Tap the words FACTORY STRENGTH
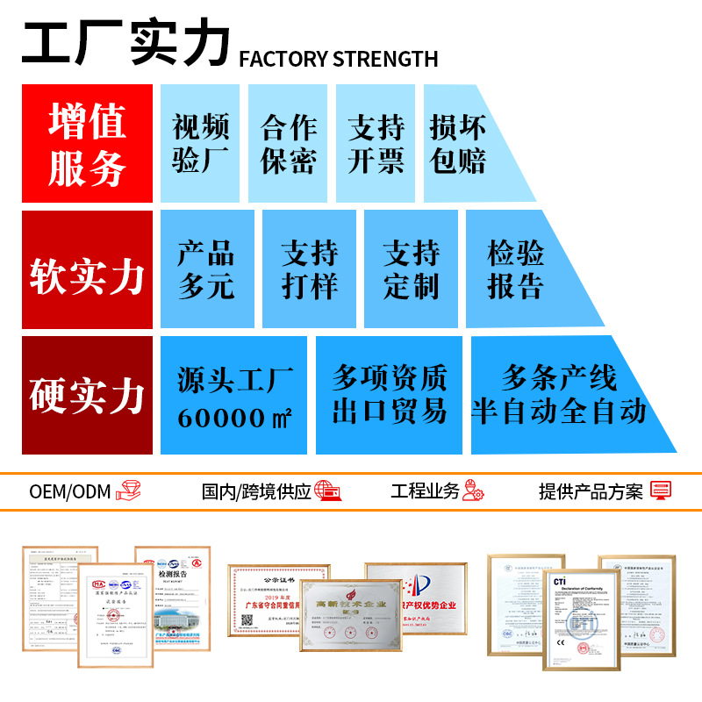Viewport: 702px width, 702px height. pos(338,59)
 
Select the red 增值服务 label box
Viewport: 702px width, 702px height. pos(87,144)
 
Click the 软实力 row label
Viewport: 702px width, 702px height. pos(87,269)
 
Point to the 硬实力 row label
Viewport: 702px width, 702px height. pos(87,395)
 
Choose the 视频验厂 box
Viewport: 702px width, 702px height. pos(200,144)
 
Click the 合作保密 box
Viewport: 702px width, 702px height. pos(288,144)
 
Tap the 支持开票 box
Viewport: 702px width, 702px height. pos(376,144)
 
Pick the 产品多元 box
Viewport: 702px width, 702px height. pos(207,269)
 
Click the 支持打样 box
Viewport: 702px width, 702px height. pos(309,269)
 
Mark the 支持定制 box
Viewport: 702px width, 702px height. pos(411,269)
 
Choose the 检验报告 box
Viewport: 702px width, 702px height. pos(518,269)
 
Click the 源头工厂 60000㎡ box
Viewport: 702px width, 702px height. pos(233,395)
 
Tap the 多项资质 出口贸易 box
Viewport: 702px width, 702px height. pos(389,395)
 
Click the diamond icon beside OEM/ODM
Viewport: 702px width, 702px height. pos(130,491)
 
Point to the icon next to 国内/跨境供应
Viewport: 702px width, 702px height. pos(327,491)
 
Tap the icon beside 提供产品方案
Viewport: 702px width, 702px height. pos(660,491)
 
